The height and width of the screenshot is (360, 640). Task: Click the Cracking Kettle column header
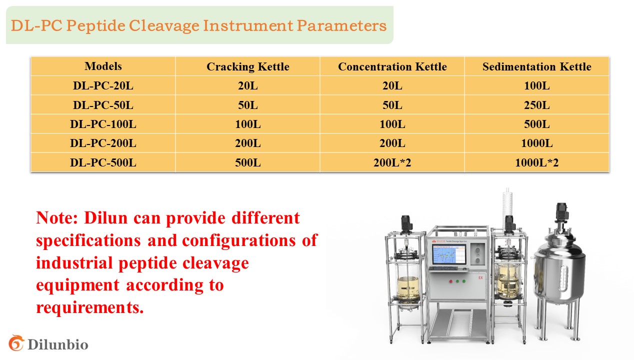point(247,66)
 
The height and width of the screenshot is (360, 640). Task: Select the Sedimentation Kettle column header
point(537,66)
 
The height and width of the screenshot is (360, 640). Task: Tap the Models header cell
point(103,66)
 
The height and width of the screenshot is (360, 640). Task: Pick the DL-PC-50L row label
point(103,105)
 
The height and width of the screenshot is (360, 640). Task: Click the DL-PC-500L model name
point(103,162)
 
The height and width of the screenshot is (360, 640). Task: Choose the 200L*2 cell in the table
point(392,162)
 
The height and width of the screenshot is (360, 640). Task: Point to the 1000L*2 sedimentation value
point(537,162)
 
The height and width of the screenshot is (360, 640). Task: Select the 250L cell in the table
point(537,105)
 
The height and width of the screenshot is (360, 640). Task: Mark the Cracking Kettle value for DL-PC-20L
point(247,85)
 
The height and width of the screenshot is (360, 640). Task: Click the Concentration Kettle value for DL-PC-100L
point(392,124)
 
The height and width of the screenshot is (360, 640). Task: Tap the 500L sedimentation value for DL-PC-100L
point(537,124)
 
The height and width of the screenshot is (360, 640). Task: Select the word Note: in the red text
point(57,218)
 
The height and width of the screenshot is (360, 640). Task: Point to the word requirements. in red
point(89,308)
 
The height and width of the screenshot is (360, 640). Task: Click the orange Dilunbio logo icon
point(16,343)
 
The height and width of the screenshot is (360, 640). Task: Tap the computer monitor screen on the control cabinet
point(449,254)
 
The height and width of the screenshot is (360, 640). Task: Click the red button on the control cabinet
point(451,281)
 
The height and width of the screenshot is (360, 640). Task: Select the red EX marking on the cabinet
point(480,277)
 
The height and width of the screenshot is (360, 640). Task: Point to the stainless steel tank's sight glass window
point(563,278)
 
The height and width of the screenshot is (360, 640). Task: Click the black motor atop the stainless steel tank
point(561,212)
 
